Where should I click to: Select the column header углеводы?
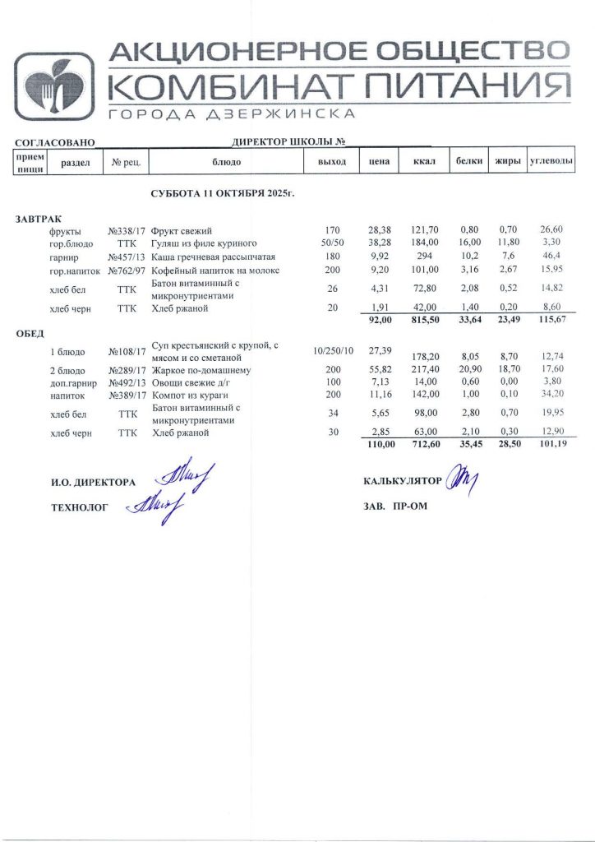pyautogui.click(x=550, y=161)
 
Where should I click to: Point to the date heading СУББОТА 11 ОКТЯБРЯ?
pyautogui.click(x=222, y=193)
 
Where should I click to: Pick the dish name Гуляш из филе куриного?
pyautogui.click(x=205, y=244)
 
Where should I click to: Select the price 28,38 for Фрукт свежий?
pyautogui.click(x=380, y=231)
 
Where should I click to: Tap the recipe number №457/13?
pyautogui.click(x=127, y=257)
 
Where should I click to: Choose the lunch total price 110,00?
pyautogui.click(x=379, y=445)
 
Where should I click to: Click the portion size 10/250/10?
pyautogui.click(x=333, y=351)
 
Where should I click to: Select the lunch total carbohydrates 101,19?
pyautogui.click(x=550, y=445)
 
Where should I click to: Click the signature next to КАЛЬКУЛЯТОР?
pyautogui.click(x=461, y=480)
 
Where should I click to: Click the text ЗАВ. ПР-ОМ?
pyautogui.click(x=394, y=507)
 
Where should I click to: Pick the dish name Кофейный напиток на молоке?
pyautogui.click(x=215, y=271)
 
